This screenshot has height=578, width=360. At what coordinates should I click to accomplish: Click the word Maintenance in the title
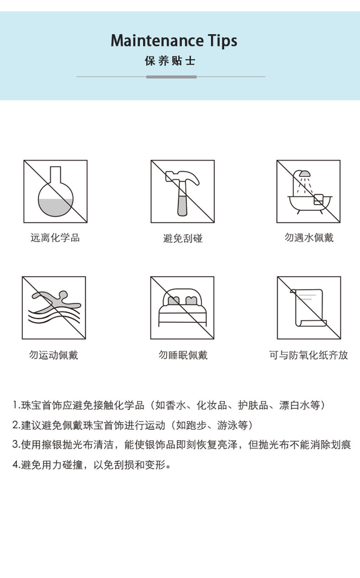157,41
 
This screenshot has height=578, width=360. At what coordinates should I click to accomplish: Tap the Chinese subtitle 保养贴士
170,61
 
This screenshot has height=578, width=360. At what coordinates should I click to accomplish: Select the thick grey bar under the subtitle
171,77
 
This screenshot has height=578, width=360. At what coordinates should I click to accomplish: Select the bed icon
182,307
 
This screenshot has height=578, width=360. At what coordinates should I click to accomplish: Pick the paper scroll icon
309,308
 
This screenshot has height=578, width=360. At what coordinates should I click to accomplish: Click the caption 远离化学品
55,237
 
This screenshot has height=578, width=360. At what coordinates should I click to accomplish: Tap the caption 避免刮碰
183,238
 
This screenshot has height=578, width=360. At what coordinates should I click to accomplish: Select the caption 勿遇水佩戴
309,237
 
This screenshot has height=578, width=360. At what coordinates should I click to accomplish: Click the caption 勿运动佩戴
53,355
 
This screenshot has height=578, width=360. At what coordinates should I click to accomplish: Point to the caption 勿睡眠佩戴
183,355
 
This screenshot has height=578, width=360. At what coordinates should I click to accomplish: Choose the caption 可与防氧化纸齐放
309,355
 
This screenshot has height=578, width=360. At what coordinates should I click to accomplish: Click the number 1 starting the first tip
15,405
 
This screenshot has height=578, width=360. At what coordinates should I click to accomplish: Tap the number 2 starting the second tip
15,425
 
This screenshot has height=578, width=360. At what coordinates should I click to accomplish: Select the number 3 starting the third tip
15,444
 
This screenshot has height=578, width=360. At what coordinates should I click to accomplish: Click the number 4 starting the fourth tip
15,464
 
